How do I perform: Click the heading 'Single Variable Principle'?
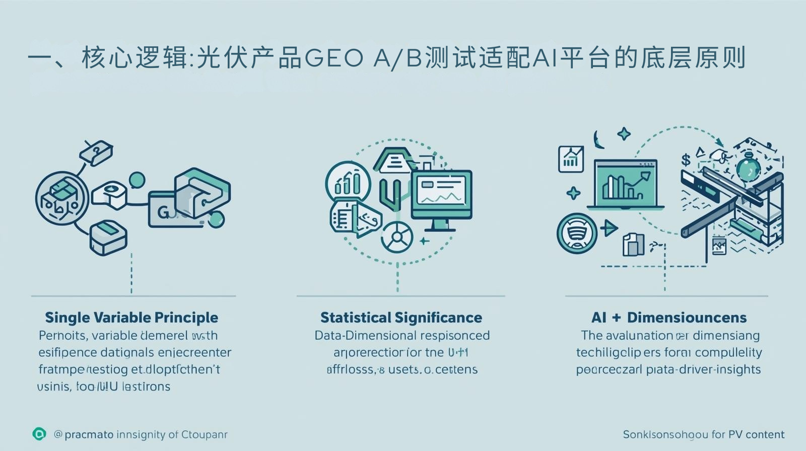[131, 318]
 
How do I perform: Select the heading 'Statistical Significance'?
[401, 318]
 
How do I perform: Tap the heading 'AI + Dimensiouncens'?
[668, 318]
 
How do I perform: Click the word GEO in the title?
[333, 59]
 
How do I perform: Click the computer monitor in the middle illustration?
[442, 194]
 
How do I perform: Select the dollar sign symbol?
[686, 160]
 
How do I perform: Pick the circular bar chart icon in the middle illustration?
[348, 183]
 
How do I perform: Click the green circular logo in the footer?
[39, 434]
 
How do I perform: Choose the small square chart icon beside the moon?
[571, 159]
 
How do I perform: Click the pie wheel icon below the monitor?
[397, 237]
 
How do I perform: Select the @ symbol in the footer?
[58, 434]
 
